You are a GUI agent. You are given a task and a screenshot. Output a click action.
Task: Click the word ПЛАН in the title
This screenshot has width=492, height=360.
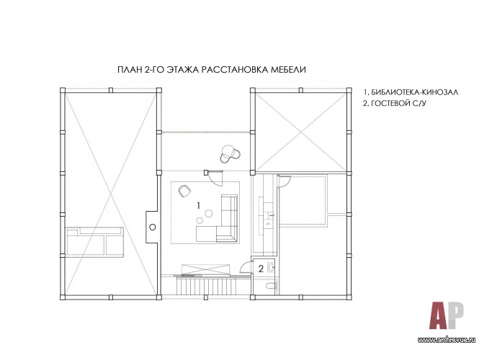[x=130, y=70]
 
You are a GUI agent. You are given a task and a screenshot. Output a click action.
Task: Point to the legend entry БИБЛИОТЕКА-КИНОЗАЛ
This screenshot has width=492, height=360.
[x=414, y=92]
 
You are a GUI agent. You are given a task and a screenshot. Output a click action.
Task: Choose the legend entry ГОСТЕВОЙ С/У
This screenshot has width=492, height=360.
[x=398, y=103]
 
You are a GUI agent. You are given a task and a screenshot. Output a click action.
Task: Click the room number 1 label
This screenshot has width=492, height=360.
[x=198, y=206]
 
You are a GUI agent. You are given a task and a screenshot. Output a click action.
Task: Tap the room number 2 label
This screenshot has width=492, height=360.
[x=261, y=269]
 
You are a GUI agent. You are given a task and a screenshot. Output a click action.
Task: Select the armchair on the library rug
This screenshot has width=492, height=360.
[x=184, y=191]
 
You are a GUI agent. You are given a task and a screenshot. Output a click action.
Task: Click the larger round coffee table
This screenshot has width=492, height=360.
[x=209, y=214]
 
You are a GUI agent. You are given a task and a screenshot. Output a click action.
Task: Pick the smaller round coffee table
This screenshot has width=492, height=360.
[x=200, y=220]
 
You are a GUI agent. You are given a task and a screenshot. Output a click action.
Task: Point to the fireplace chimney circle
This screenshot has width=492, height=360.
[x=153, y=227]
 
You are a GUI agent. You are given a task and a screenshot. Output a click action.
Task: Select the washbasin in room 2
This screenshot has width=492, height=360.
[x=271, y=267]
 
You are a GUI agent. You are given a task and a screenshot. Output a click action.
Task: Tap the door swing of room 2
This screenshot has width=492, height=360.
[x=245, y=268]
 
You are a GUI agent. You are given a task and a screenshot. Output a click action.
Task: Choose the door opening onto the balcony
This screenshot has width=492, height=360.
[x=215, y=178]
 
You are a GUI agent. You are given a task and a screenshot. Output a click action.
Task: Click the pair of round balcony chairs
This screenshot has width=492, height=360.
[x=230, y=153]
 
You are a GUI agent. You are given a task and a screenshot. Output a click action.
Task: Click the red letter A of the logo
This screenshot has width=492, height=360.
[x=439, y=315]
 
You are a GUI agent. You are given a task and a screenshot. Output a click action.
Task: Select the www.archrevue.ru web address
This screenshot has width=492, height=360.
[x=447, y=340]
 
